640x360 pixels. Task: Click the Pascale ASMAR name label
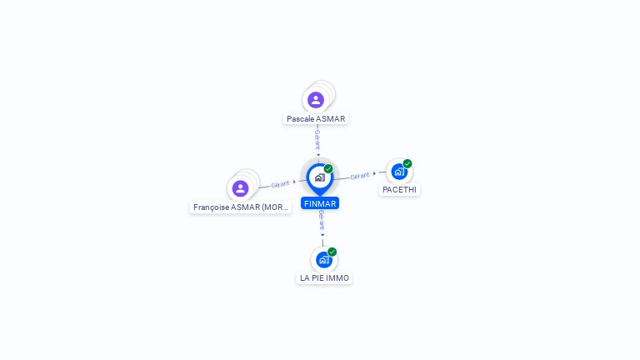316,119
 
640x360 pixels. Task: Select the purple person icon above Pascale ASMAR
316,100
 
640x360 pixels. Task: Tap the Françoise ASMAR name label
240,207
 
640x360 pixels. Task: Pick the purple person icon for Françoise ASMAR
240,188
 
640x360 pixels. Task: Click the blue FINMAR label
320,203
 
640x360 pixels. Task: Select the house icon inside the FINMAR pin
320,177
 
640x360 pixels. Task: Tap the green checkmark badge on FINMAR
328,168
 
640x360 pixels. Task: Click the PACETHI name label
399,190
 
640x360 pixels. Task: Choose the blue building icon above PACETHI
399,172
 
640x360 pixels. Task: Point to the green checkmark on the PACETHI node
407,163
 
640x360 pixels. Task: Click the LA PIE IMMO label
324,278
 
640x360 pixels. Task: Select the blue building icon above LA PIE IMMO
324,260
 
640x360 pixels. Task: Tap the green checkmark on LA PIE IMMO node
332,252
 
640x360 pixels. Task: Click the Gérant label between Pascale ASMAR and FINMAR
317,140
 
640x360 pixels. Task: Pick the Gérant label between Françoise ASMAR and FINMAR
280,184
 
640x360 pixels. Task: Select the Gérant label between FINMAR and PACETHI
360,176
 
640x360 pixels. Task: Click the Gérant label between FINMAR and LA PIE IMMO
322,220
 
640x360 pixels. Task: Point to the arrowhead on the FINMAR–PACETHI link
374,174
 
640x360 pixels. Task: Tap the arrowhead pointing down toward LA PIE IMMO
322,235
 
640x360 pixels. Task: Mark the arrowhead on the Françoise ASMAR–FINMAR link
294,182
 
